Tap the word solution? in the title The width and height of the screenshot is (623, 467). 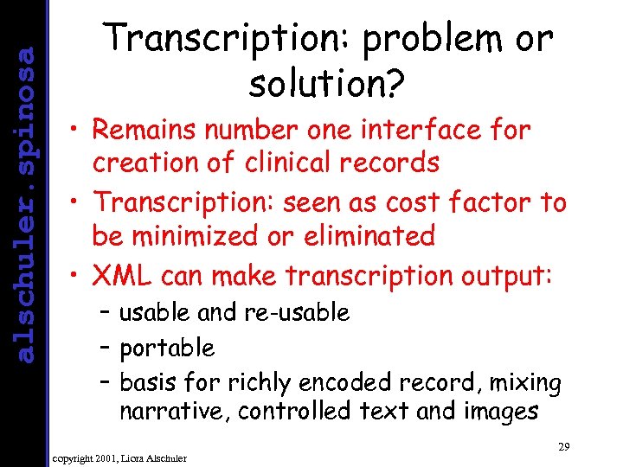point(327,84)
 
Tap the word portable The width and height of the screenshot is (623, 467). point(166,349)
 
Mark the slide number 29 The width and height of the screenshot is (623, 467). point(563,446)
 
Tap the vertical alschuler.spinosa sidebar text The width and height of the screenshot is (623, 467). point(27,204)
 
